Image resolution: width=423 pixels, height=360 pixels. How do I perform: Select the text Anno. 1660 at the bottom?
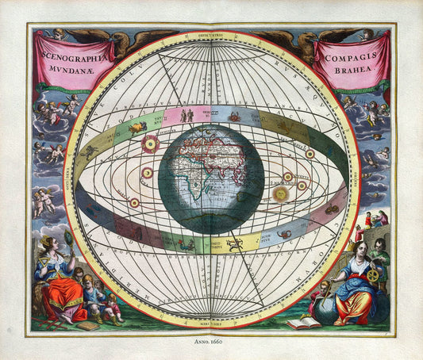click(211, 343)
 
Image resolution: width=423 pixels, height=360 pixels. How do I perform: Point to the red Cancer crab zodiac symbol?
click(236, 117)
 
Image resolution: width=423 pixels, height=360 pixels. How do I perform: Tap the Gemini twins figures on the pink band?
click(187, 116)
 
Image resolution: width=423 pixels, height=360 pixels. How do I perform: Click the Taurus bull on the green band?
click(137, 127)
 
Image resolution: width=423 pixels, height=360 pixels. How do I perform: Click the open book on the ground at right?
click(304, 322)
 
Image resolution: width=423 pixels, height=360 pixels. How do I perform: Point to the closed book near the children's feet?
click(89, 326)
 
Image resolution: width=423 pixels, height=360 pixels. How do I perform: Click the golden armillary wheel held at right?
click(371, 275)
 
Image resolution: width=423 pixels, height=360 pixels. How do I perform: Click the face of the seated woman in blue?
click(360, 251)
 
